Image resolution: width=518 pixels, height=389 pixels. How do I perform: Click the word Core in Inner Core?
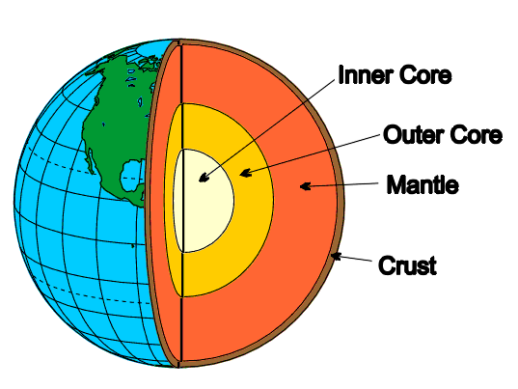(x=425, y=75)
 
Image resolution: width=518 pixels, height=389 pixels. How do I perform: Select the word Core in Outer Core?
(x=477, y=134)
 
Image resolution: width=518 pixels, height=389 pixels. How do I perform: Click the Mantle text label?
(x=423, y=184)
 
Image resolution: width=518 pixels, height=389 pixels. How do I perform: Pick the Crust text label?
(x=407, y=265)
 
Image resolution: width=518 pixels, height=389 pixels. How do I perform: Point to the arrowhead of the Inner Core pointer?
(x=204, y=178)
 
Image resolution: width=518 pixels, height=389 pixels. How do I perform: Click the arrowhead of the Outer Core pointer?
(x=245, y=173)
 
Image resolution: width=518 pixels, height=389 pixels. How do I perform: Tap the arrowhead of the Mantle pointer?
(x=305, y=186)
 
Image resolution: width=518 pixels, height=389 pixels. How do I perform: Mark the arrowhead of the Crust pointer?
(x=336, y=256)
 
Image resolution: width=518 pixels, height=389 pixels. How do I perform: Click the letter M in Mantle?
(x=395, y=184)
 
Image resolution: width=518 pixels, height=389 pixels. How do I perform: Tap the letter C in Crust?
(x=387, y=265)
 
